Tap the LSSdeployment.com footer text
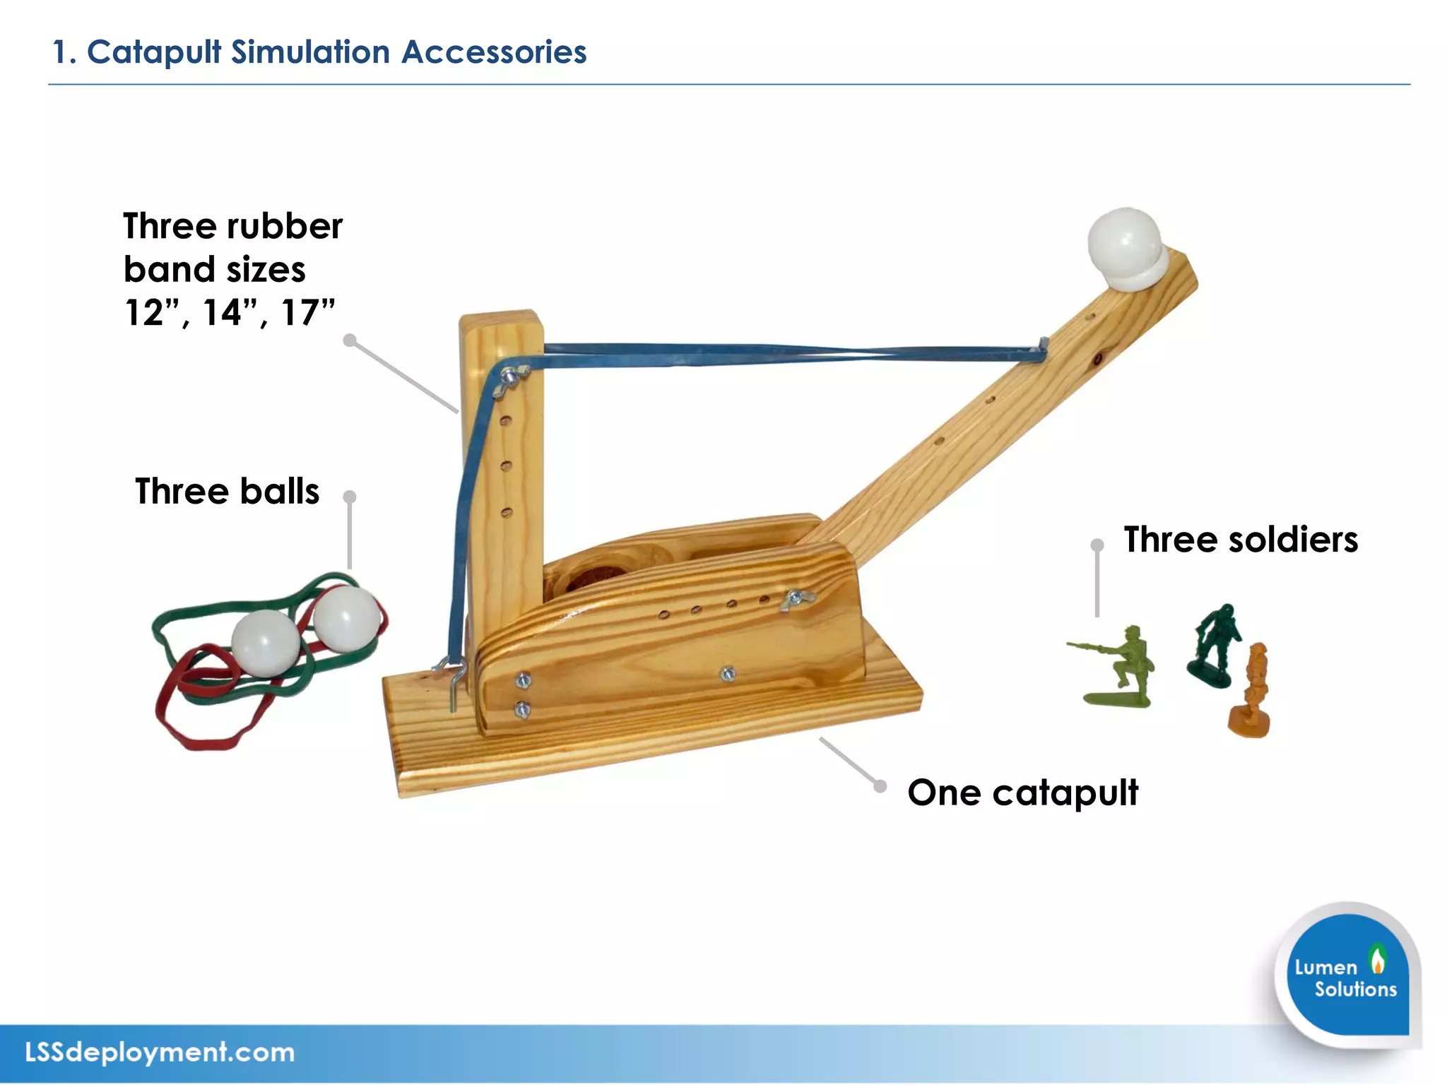tap(160, 1053)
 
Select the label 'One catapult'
tap(1022, 793)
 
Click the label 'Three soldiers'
tap(1241, 540)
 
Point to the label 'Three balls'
tap(227, 492)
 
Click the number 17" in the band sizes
tap(307, 312)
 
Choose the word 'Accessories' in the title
tap(494, 52)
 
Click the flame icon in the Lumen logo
tap(1377, 960)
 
